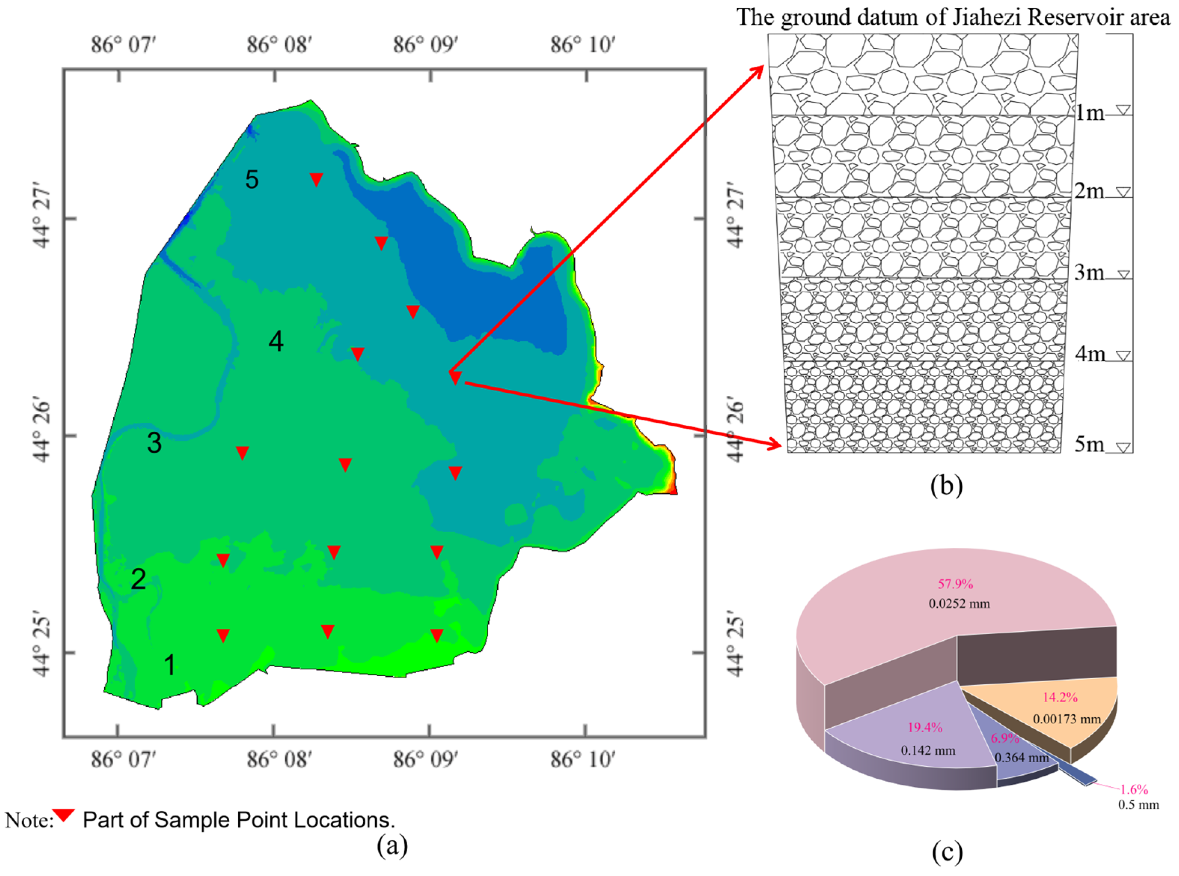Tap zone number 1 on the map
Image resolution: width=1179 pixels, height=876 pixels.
169,664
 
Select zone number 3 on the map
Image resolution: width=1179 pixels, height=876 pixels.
154,443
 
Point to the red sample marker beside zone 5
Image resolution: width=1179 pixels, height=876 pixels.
316,179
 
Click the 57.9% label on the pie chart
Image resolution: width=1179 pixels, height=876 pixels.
955,584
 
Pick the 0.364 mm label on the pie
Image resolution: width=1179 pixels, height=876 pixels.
1022,758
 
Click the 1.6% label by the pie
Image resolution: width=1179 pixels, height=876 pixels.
1134,789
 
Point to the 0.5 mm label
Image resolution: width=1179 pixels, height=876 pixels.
1138,804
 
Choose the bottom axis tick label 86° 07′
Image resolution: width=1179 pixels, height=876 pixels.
123,760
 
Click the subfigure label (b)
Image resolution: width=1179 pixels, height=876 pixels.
946,486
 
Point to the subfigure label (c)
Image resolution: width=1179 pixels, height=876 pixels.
947,853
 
